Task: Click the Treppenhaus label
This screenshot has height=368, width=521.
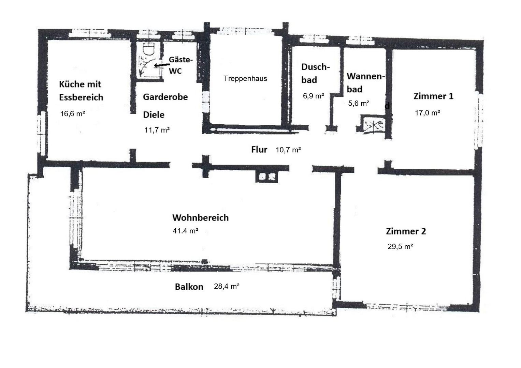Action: point(245,78)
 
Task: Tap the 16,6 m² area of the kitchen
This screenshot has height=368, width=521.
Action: point(72,114)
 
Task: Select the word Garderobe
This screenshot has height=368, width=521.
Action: point(165,97)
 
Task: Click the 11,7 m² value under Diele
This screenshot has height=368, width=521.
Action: point(157,130)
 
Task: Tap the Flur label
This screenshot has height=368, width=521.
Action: point(259,149)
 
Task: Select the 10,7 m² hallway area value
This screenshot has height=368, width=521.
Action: point(288,150)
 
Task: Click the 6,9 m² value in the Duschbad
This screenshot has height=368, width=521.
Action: point(313,96)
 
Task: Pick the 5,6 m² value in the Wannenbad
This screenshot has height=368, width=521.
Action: point(359,103)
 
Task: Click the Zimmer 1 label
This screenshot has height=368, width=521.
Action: point(433,96)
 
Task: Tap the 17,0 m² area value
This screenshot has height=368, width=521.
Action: point(427,113)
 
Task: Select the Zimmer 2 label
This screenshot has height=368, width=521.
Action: point(406,231)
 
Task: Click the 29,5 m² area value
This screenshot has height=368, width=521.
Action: point(400,247)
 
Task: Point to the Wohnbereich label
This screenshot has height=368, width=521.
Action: point(200,218)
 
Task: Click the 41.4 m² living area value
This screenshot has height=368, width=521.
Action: point(185,231)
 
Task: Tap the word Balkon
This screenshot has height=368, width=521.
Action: point(189,287)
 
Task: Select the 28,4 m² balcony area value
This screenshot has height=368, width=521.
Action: point(227,286)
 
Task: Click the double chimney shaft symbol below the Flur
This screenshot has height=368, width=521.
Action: point(267,177)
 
